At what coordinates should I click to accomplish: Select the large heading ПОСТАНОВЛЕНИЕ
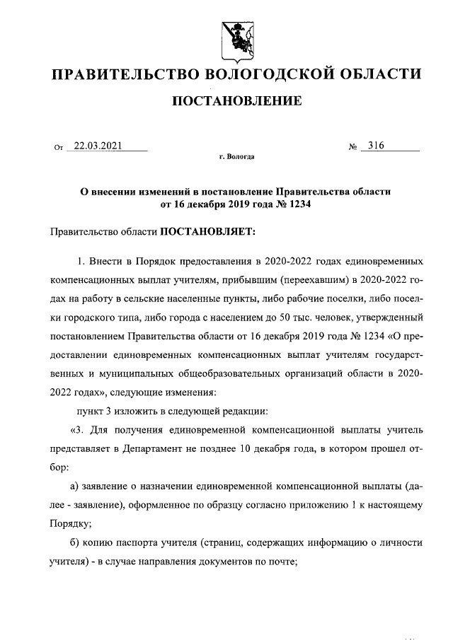(237, 102)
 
